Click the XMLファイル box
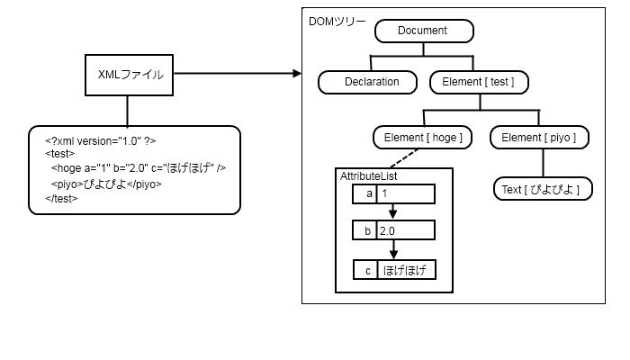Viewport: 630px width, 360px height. coord(130,76)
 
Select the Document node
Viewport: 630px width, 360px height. coord(422,31)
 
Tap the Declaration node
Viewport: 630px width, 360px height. coord(371,82)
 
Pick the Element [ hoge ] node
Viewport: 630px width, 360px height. coord(422,137)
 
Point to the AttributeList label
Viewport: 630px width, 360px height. coord(369,176)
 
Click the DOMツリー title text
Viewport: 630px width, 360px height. coord(337,19)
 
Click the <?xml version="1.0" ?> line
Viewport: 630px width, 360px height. coord(102,140)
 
